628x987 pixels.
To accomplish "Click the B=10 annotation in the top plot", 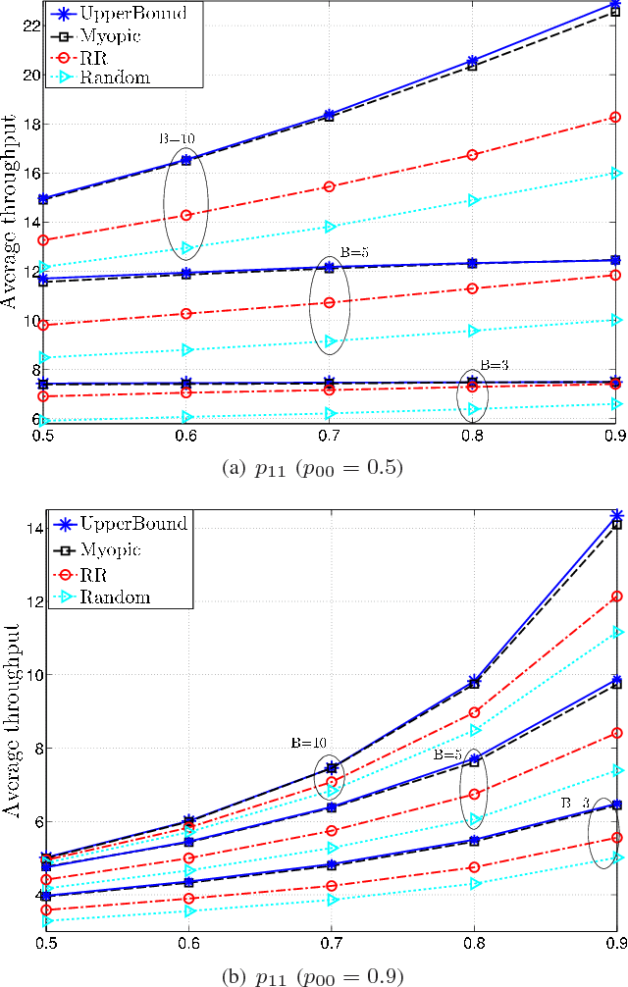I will tap(178, 138).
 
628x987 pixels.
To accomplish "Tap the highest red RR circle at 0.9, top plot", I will tap(615, 118).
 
